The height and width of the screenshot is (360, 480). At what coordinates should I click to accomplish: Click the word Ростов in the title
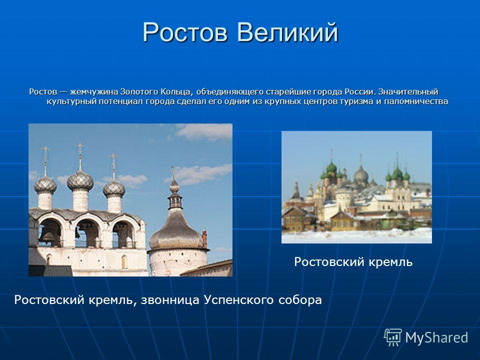point(185,32)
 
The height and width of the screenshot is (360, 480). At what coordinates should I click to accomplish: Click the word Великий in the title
point(287,32)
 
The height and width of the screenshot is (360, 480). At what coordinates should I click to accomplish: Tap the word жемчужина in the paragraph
point(94,91)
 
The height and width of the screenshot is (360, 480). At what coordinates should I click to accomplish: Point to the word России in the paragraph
point(360,91)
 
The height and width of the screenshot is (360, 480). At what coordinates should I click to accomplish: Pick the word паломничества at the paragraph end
point(416,101)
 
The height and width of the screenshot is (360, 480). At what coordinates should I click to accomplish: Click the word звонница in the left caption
point(170,299)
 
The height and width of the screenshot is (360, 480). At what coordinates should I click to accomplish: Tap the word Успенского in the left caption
point(239,299)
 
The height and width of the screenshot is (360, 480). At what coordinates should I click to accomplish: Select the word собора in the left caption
point(300,299)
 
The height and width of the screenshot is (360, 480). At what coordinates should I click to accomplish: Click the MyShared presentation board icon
point(393,337)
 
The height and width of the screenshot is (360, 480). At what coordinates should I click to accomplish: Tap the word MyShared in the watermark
point(436,337)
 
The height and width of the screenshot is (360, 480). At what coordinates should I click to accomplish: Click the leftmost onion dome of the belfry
point(45,185)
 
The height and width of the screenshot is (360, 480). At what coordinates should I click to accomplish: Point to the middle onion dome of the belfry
point(80,180)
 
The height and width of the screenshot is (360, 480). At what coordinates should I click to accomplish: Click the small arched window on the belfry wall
point(124,261)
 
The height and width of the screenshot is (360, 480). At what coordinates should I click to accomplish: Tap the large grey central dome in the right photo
point(361,174)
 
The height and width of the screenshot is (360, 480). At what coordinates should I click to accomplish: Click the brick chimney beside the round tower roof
point(204,239)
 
